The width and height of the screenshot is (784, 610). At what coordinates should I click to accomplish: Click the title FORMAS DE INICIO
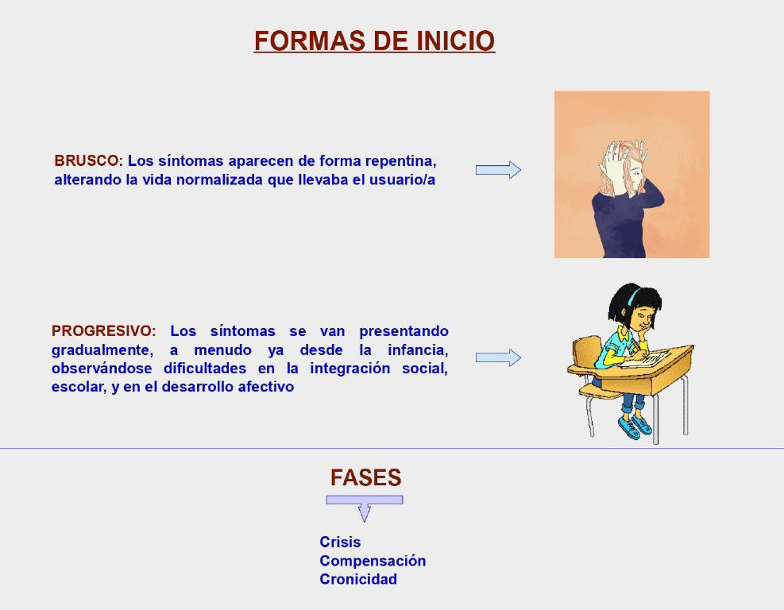374,41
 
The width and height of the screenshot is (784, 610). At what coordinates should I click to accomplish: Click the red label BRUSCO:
88,161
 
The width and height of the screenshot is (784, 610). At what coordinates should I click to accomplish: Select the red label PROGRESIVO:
104,331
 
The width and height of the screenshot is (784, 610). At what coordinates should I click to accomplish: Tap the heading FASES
365,477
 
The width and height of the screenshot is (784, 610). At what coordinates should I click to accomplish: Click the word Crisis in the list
340,542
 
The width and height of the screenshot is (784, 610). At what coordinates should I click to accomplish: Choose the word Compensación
373,561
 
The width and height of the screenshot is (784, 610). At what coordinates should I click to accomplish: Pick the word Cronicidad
358,579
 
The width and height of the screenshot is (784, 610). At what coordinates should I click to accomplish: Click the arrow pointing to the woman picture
498,170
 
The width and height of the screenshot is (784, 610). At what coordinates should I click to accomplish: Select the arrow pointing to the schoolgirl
498,357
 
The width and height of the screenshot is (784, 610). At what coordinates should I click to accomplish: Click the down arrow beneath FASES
365,508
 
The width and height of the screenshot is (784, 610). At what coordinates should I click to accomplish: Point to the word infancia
418,350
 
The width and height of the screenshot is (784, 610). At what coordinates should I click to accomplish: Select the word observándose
102,369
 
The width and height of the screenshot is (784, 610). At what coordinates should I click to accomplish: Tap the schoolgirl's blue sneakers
634,427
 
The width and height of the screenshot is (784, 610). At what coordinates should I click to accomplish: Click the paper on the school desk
645,359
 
